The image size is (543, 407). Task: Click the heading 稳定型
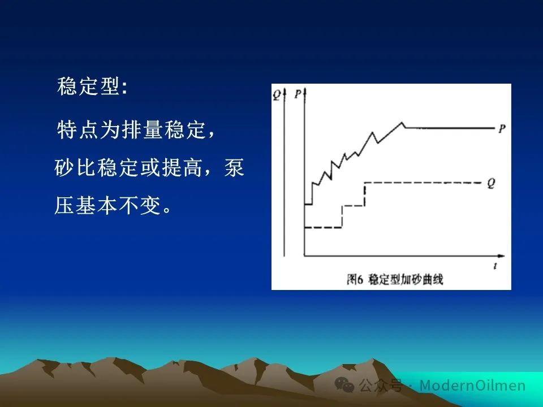pyautogui.click(x=88, y=86)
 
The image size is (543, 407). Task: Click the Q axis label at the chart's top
pyautogui.click(x=277, y=94)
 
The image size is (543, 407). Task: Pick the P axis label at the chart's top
pyautogui.click(x=298, y=93)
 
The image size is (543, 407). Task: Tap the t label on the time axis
pyautogui.click(x=495, y=266)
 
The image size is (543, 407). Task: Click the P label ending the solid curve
pyautogui.click(x=502, y=129)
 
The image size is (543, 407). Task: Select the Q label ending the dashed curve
pyautogui.click(x=491, y=183)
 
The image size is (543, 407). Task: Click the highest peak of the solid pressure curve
pyautogui.click(x=402, y=123)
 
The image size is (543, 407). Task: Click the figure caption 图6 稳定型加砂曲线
pyautogui.click(x=395, y=279)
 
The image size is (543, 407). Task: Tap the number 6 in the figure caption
pyautogui.click(x=360, y=279)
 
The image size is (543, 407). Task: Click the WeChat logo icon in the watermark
pyautogui.click(x=344, y=385)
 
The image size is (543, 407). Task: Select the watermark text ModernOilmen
pyautogui.click(x=472, y=385)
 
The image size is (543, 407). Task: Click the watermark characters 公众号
pyautogui.click(x=381, y=385)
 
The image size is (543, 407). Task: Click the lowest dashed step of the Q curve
pyautogui.click(x=323, y=228)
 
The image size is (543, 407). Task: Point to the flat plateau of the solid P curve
pyautogui.click(x=450, y=128)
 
